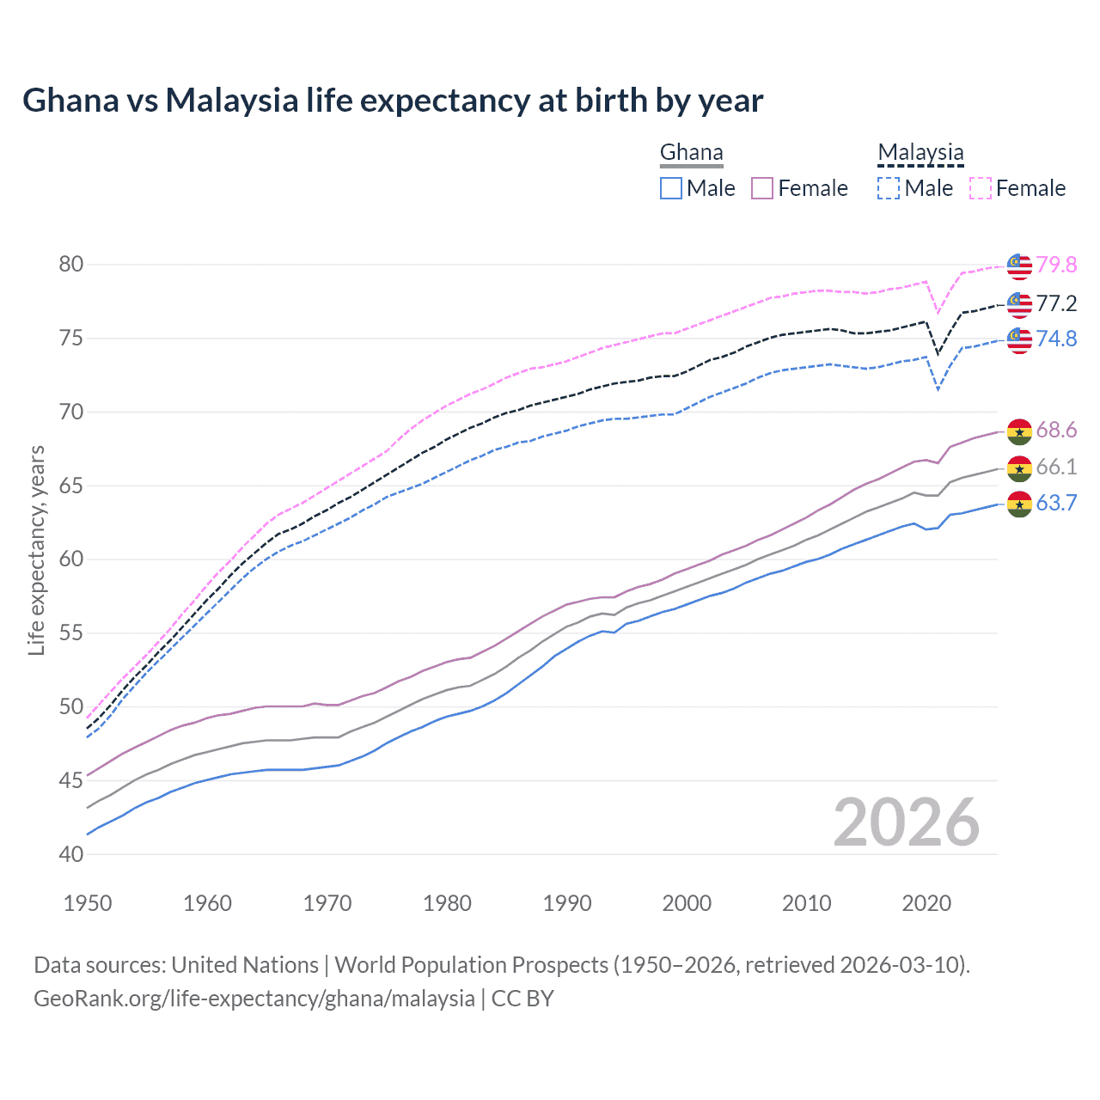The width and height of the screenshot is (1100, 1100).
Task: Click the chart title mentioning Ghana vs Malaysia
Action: (393, 101)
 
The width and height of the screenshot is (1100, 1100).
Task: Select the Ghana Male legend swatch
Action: (671, 188)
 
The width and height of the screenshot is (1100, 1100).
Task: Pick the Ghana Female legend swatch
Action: (762, 188)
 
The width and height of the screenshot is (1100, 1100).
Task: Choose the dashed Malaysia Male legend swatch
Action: (889, 188)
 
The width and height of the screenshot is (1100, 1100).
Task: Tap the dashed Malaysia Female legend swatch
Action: (981, 188)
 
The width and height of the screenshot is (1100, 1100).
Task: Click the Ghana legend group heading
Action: (691, 153)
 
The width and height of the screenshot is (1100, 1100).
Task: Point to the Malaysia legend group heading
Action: (920, 153)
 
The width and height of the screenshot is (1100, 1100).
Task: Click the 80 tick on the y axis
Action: (71, 264)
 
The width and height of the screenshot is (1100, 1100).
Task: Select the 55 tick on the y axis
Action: (71, 633)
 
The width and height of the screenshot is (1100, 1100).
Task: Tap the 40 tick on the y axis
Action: (71, 854)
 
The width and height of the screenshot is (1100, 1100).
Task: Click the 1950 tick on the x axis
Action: (88, 903)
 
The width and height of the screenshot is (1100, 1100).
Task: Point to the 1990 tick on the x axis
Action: (567, 903)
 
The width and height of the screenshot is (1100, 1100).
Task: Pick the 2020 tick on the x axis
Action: (926, 903)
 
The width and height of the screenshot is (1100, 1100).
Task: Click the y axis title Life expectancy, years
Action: (36, 550)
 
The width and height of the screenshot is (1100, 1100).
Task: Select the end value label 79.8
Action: (1056, 265)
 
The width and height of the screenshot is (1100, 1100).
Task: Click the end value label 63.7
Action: (1056, 503)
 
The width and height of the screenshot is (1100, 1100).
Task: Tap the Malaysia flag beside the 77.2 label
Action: (1019, 303)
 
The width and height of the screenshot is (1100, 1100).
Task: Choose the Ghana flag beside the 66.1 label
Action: (1019, 467)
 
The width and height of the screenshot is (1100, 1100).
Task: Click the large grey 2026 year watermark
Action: (907, 822)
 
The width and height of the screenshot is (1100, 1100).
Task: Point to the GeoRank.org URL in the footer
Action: (254, 999)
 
